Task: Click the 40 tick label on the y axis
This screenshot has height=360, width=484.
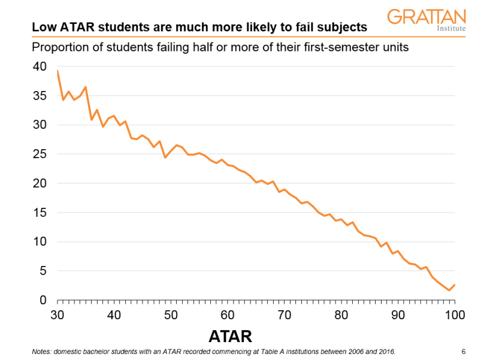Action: point(40,67)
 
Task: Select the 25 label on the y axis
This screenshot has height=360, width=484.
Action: point(40,155)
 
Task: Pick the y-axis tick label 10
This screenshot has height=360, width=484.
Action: point(40,242)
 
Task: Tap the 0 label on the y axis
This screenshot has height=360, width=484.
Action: point(43,300)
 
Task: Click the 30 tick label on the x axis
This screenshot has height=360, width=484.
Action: point(58,315)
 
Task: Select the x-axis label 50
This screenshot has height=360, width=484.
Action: point(171,315)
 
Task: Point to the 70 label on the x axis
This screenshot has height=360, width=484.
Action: point(285,315)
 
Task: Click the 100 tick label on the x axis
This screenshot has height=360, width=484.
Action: point(455,315)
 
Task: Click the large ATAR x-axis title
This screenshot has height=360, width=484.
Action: point(230,335)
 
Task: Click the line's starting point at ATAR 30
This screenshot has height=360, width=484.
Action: point(58,71)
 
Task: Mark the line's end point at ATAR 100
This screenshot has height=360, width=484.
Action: point(455,285)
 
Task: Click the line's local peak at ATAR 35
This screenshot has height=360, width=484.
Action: point(86,87)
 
